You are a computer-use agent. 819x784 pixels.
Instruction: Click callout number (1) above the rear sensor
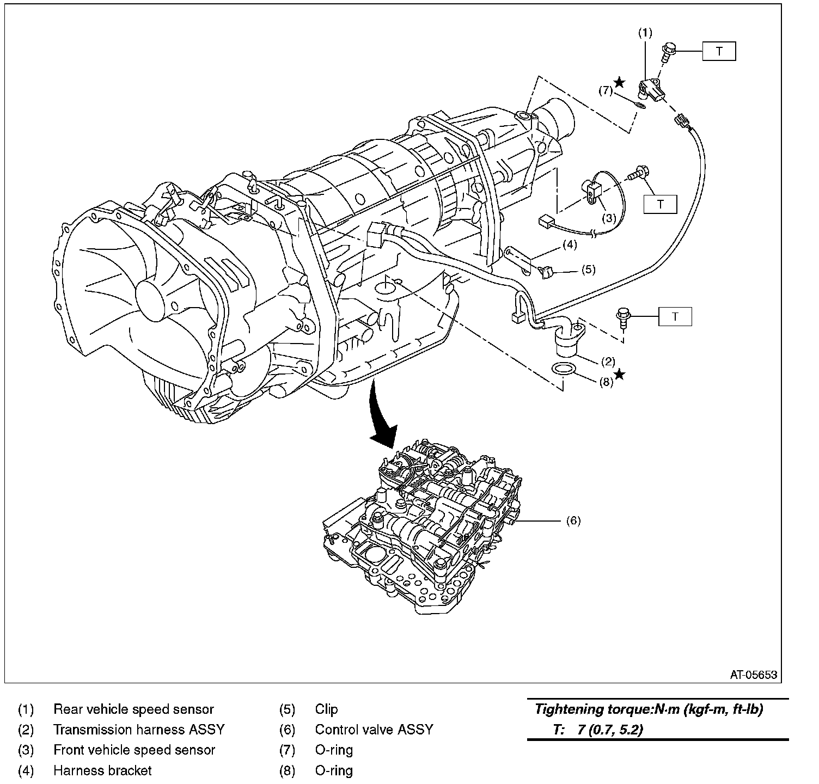click(645, 33)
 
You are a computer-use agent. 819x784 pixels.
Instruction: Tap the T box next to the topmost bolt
click(719, 51)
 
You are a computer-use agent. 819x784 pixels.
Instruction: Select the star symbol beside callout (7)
click(620, 82)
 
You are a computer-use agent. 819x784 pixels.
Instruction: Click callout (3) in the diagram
click(609, 218)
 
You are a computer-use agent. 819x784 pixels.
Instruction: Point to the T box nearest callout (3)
click(660, 204)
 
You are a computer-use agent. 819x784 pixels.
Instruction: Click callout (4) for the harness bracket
click(570, 244)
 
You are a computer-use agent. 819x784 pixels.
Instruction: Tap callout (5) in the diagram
click(588, 269)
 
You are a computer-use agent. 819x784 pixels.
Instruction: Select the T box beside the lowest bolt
click(675, 316)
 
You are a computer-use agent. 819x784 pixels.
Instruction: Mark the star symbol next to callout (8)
click(620, 375)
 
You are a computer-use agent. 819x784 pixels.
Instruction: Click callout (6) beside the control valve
click(573, 521)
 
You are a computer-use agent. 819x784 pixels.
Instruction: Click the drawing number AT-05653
click(754, 675)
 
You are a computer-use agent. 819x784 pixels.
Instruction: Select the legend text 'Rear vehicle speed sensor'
click(133, 709)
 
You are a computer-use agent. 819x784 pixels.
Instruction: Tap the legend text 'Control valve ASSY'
click(374, 730)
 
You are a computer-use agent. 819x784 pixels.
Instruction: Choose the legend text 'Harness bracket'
click(102, 770)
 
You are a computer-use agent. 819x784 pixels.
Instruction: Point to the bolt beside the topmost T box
click(668, 52)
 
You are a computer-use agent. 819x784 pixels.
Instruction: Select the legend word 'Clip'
click(326, 709)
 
